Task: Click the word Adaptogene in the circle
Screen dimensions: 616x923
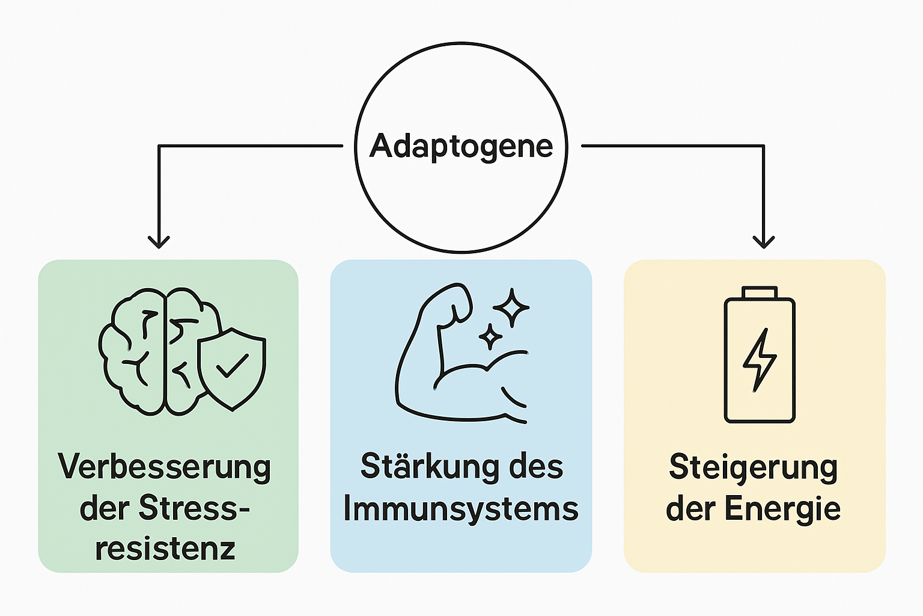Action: coord(461,146)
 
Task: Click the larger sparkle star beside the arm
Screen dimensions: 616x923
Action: coord(511,307)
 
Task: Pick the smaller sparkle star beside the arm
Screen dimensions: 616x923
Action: coord(490,337)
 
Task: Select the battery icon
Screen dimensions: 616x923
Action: coord(760,355)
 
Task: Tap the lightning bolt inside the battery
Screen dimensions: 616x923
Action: coord(760,360)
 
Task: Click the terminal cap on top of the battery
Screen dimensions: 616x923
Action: coord(760,292)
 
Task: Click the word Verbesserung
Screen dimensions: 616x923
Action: coord(165,467)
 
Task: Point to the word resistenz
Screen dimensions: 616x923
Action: coord(165,549)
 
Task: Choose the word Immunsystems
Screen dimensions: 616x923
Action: coord(461,509)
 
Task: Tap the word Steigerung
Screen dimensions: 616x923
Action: coord(754,468)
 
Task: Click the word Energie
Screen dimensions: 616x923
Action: coord(782,510)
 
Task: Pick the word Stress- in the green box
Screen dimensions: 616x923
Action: coord(194,508)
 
